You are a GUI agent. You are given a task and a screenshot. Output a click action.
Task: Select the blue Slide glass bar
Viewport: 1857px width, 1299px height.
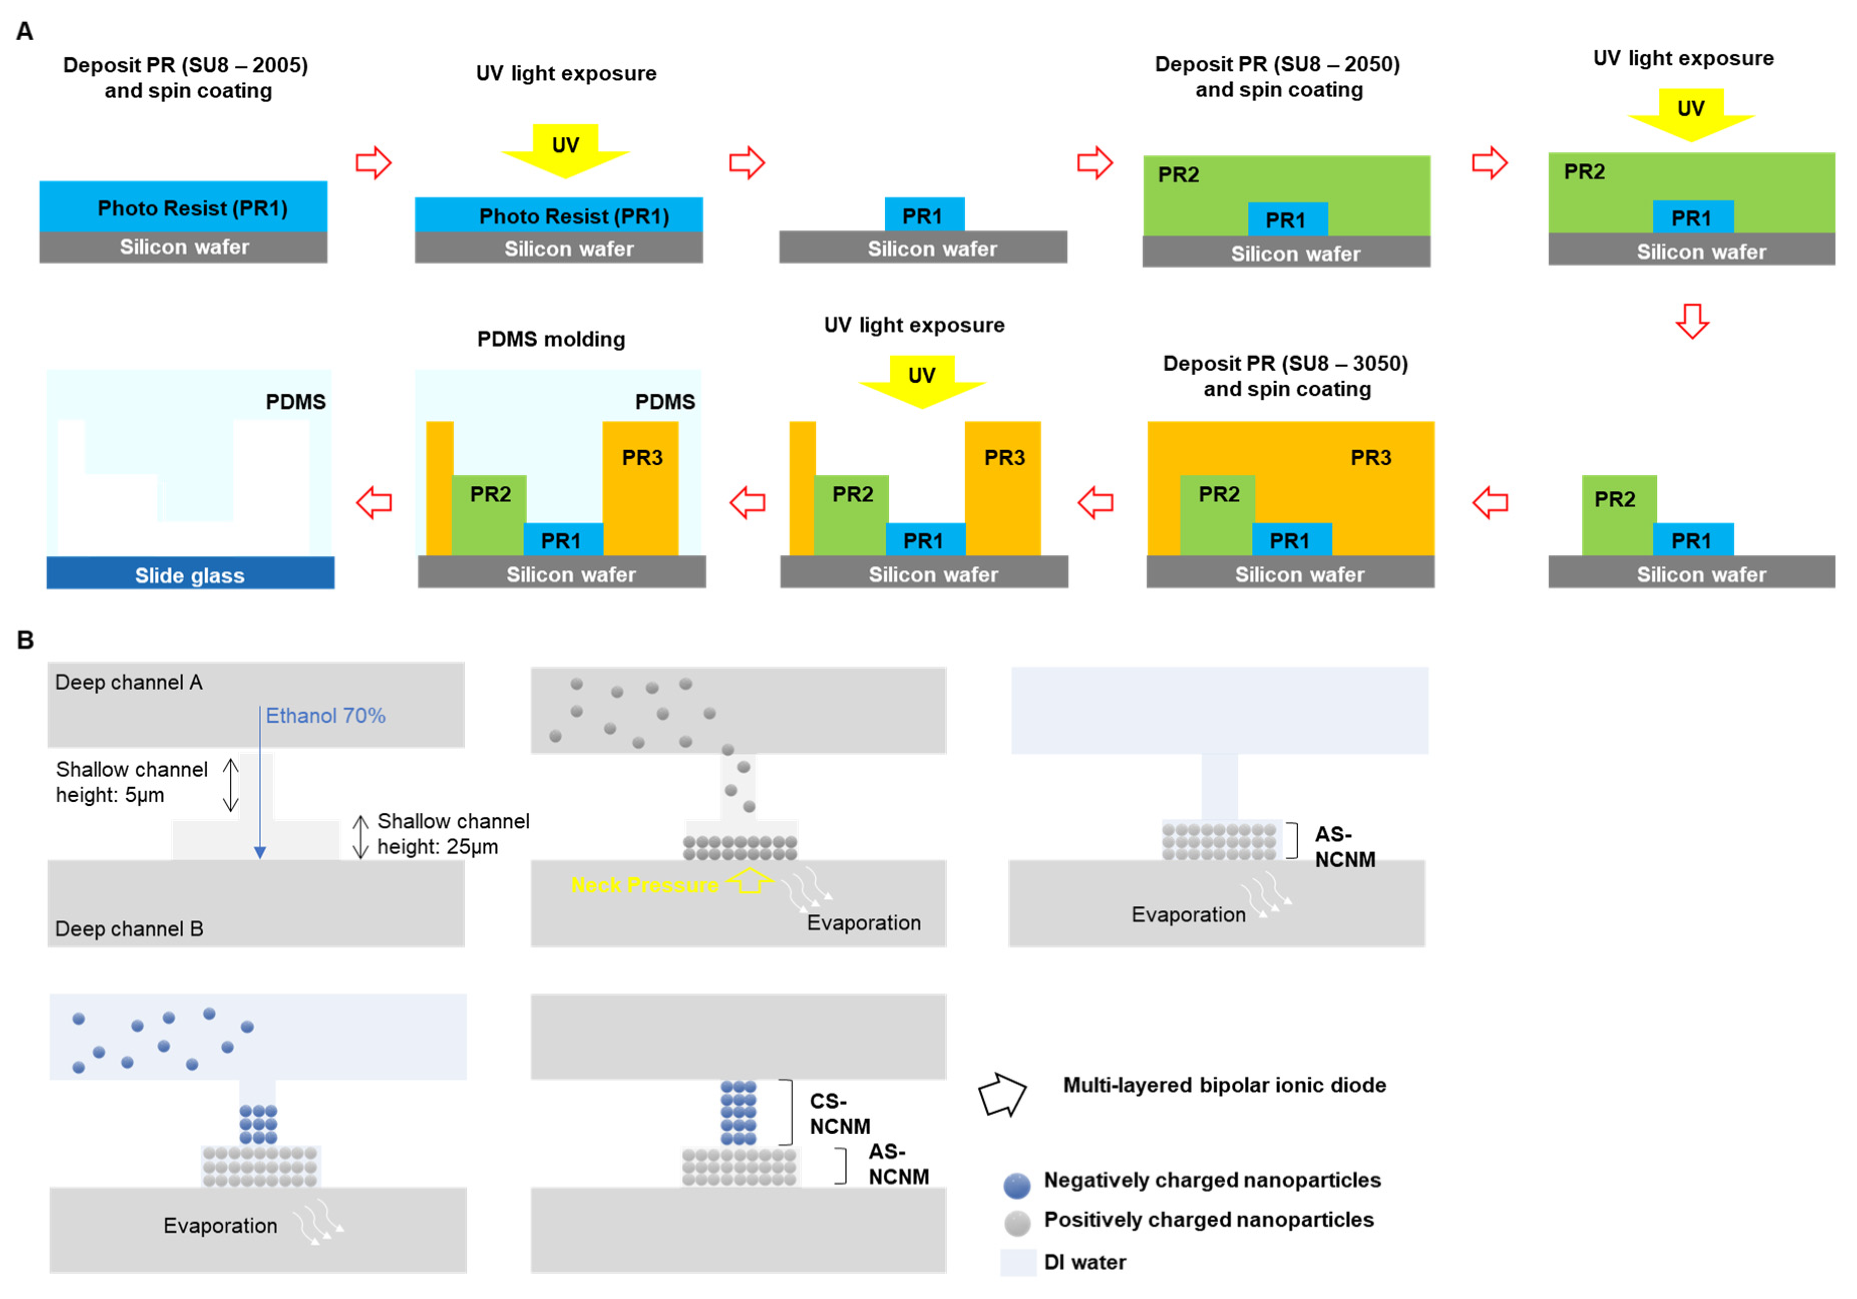coord(190,574)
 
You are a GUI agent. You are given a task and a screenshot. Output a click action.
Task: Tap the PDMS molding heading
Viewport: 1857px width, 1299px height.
coord(551,339)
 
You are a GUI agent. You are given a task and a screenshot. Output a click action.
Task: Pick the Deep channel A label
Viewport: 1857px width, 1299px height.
coord(129,682)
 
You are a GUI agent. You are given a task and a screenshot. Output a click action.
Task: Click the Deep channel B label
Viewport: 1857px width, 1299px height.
coord(129,929)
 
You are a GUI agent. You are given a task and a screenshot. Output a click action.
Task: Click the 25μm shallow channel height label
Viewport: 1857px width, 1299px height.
coord(453,834)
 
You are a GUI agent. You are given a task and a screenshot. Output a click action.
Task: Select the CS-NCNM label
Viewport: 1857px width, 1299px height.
coord(840,1114)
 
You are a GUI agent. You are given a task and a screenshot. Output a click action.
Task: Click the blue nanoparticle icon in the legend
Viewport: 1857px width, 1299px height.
coord(1017,1185)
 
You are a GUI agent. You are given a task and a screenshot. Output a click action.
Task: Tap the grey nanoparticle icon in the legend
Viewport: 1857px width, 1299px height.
coord(1017,1223)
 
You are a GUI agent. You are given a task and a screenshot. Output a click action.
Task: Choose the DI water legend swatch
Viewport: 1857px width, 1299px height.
coord(1018,1262)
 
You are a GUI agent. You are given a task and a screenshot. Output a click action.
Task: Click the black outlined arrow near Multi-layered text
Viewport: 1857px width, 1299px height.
coord(1002,1094)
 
